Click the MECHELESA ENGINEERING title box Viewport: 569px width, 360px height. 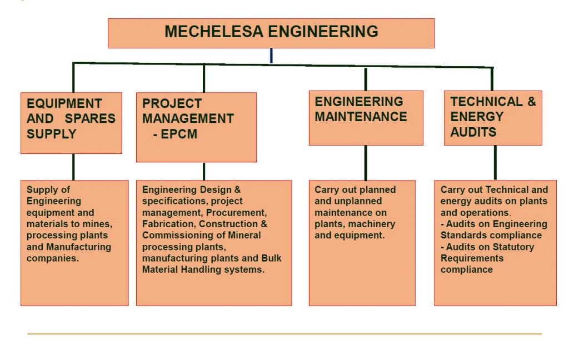[271, 33]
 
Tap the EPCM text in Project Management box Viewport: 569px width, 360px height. [178, 134]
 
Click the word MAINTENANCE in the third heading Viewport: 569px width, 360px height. [361, 117]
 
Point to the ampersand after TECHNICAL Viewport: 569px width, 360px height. [531, 102]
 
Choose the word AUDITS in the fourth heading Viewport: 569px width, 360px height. [473, 132]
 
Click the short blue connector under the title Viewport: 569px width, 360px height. [271, 56]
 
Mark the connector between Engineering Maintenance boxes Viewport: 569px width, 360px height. [365, 163]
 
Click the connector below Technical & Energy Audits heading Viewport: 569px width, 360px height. [495, 163]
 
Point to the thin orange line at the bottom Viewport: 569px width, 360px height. [284, 334]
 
